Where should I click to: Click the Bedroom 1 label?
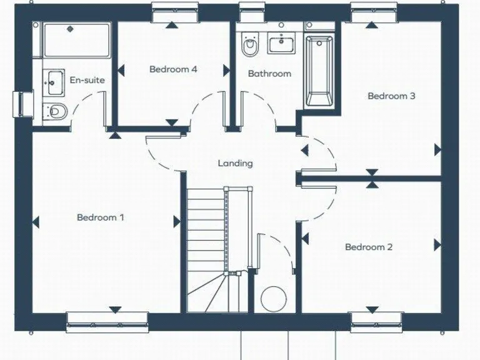tap(100, 217)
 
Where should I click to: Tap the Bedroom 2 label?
tap(369, 247)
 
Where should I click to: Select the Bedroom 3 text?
tap(391, 96)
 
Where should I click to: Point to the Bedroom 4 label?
tap(173, 69)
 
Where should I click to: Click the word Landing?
tap(235, 163)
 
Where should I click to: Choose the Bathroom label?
tap(269, 74)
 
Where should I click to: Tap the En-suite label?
tap(87, 80)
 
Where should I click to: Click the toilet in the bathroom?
tap(249, 45)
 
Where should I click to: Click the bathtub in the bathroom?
tap(319, 69)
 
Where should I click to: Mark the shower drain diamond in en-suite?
tap(70, 28)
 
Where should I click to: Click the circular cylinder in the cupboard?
tap(272, 299)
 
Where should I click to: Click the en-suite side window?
tap(22, 104)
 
